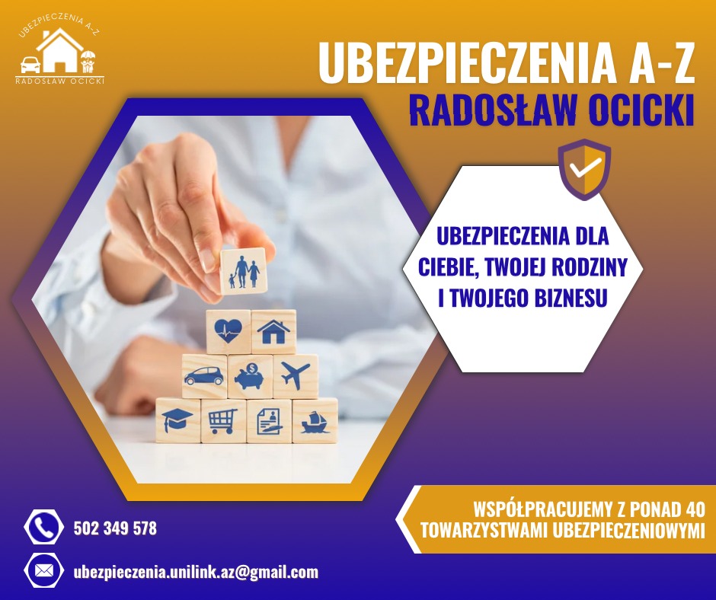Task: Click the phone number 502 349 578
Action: click(x=115, y=528)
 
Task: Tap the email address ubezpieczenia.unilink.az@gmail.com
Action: click(x=196, y=572)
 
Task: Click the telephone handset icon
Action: click(x=43, y=527)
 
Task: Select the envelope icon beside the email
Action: click(x=44, y=571)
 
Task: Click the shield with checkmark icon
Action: click(x=584, y=169)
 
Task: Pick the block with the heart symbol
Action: click(x=228, y=331)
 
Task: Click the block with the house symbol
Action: click(x=273, y=331)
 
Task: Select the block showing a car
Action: click(x=204, y=376)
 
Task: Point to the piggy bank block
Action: click(x=250, y=376)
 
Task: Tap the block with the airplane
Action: click(x=296, y=375)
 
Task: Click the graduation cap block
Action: click(x=177, y=420)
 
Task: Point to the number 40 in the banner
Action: click(x=694, y=509)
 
